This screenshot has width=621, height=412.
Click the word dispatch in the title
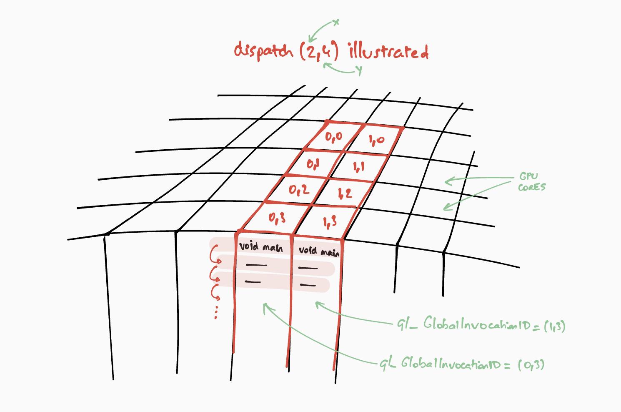click(x=264, y=51)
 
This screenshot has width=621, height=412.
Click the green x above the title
click(x=336, y=22)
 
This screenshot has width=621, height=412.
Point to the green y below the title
click(x=359, y=70)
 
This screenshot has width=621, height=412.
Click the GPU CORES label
click(x=531, y=182)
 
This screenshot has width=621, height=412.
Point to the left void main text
click(x=261, y=247)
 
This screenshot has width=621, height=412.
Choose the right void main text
click(x=319, y=251)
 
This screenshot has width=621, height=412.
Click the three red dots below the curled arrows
click(x=216, y=312)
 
